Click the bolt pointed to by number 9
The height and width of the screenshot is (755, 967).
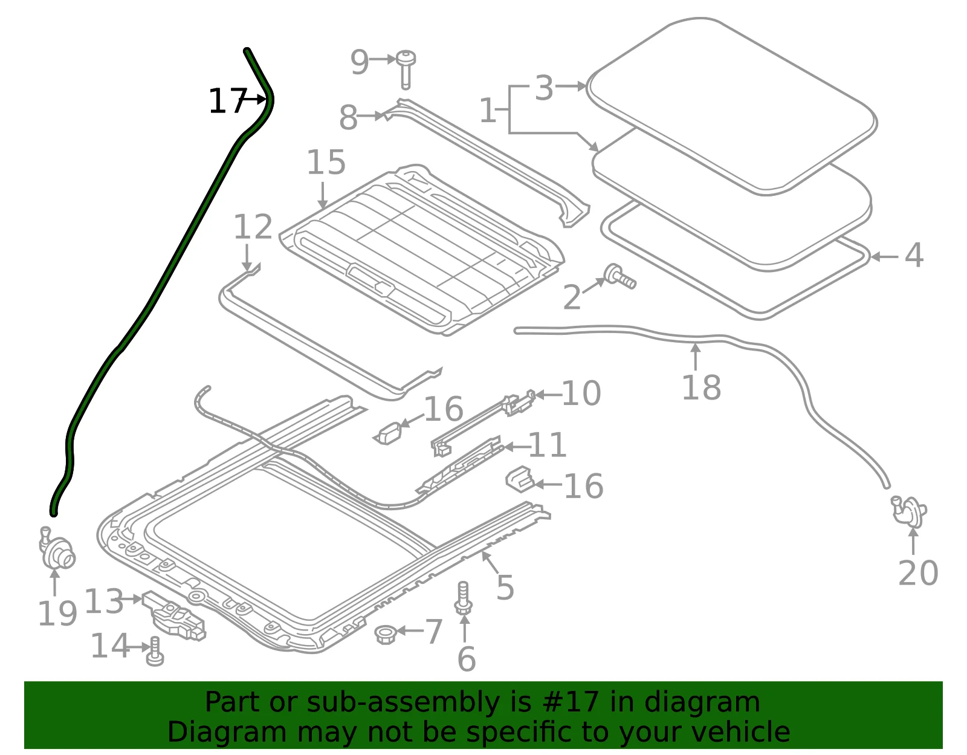(x=406, y=69)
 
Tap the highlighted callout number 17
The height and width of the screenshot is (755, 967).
(x=227, y=102)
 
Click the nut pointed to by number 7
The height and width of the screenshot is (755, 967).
(x=384, y=635)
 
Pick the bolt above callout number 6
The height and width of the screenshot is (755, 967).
(x=463, y=598)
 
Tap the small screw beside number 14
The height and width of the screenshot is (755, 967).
(x=155, y=651)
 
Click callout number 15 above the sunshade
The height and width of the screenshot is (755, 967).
(x=326, y=163)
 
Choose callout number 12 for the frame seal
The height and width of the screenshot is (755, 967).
(x=253, y=227)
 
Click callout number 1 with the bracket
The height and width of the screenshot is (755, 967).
(x=488, y=111)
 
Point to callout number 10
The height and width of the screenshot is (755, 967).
(x=581, y=394)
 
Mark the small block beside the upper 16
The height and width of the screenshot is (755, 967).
(x=388, y=434)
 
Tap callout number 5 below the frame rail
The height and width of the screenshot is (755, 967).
(x=505, y=588)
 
